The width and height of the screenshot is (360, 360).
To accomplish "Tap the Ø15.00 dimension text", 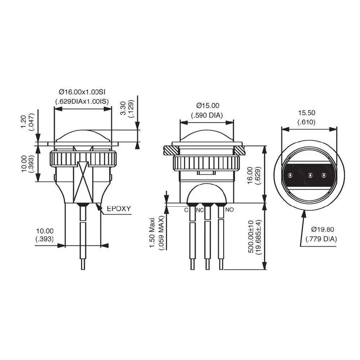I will (207, 105).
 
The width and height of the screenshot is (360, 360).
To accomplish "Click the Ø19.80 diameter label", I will (323, 229).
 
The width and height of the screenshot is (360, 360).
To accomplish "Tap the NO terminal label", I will (229, 210).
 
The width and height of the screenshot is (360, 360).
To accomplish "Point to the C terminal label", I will (186, 210).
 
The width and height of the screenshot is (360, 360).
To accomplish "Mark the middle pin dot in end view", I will (309, 176).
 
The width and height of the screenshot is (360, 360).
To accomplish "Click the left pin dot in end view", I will (290, 176).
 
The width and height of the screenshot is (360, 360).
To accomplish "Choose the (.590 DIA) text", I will (207, 115).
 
